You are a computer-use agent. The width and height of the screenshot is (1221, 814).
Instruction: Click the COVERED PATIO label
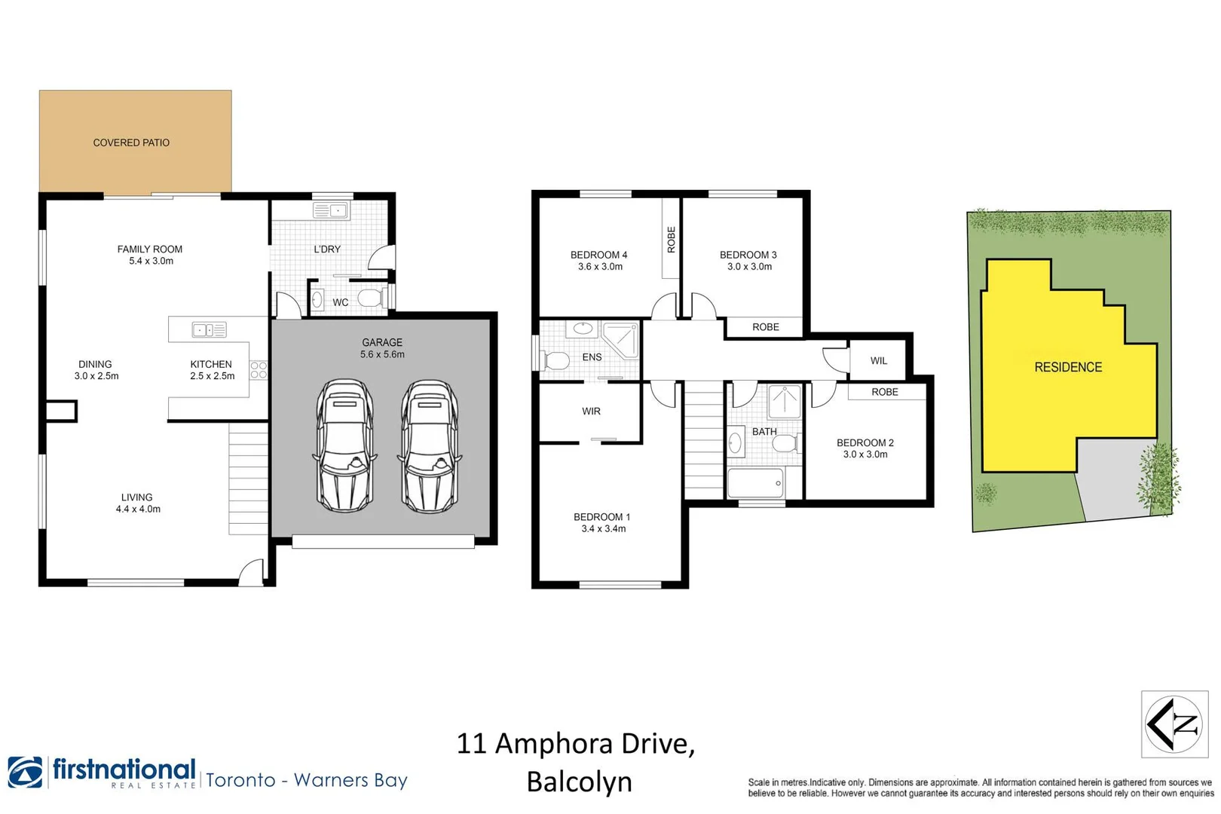point(131,142)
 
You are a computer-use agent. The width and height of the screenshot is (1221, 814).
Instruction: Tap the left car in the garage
point(344,446)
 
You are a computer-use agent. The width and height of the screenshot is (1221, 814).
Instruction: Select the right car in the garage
point(430,446)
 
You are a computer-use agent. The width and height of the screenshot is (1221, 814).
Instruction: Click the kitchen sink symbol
point(209,329)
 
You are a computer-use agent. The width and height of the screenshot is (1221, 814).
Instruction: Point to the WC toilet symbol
point(371,298)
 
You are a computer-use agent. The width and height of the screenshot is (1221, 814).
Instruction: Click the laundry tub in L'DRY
point(329,211)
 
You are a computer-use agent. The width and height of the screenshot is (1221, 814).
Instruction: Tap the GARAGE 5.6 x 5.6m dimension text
point(382,354)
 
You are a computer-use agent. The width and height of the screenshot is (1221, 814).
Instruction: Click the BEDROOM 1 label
point(601,517)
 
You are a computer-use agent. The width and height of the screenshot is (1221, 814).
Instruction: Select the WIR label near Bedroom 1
point(591,412)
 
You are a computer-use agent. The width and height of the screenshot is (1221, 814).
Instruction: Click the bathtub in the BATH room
point(756,483)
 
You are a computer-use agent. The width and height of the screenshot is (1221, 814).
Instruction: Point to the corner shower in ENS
point(621,339)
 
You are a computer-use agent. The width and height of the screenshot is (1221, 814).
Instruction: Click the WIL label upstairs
point(879,361)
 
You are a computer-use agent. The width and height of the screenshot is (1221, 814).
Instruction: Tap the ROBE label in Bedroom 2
point(885,392)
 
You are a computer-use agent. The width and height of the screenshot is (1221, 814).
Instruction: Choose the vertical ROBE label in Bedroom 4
point(671,240)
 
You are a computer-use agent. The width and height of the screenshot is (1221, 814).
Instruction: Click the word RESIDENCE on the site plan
point(1068,367)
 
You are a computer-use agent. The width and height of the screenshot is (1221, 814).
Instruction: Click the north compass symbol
point(1174,724)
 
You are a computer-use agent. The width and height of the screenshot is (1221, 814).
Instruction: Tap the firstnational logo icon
point(26,773)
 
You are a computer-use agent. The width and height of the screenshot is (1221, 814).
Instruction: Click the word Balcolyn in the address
point(579,782)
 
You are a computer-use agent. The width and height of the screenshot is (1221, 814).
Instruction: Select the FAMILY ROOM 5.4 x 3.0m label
point(150,255)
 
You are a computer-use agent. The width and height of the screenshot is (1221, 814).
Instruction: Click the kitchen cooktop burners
point(259,369)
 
